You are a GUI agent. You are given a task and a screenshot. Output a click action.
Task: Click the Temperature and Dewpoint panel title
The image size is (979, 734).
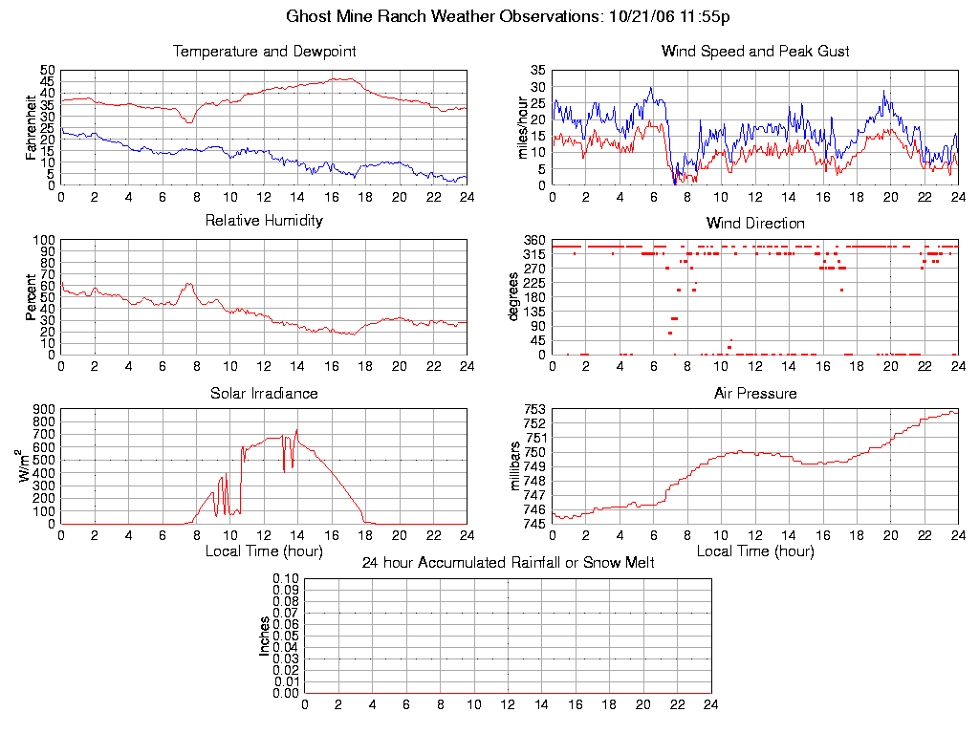(264, 51)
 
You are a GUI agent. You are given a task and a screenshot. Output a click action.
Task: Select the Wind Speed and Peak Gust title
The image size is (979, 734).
(755, 51)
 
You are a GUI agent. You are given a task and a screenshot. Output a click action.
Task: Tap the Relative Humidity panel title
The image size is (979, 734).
(264, 221)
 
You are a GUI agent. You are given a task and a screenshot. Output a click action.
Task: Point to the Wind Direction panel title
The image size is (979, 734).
(755, 223)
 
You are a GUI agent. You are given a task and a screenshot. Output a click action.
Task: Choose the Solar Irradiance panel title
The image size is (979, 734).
(264, 393)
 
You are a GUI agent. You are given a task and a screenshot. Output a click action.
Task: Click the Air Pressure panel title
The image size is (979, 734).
(755, 393)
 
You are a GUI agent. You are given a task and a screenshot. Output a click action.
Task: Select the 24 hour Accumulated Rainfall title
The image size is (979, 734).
(508, 563)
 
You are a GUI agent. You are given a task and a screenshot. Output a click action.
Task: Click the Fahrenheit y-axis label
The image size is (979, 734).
(31, 127)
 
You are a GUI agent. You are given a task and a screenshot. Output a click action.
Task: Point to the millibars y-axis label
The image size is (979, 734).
(516, 466)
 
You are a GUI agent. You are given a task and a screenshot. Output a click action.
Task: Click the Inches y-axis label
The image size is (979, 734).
(265, 636)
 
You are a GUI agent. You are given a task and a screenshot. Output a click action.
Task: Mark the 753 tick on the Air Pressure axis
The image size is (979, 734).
(534, 409)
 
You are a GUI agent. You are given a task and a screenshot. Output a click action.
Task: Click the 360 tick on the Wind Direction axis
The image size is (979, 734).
(534, 240)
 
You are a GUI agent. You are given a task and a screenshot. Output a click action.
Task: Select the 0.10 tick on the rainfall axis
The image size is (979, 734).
(286, 578)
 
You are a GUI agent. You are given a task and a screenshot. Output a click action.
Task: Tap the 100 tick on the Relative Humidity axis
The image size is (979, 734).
(46, 240)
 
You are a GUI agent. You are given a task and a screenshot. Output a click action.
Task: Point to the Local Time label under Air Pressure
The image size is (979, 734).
(755, 551)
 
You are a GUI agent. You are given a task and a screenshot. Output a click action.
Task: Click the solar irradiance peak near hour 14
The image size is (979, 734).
(297, 430)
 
